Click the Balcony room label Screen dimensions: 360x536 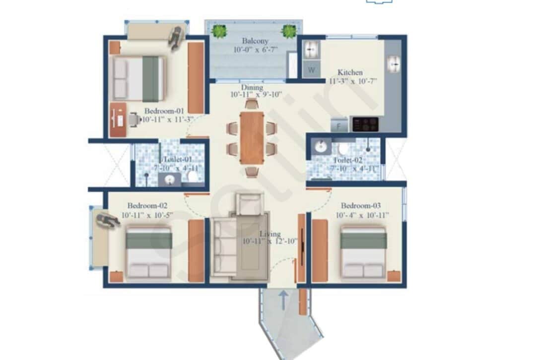pos(256,41)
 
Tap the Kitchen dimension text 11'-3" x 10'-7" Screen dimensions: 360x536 pos(353,82)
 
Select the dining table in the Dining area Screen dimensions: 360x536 pos(252,138)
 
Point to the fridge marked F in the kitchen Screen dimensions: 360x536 pos(339,125)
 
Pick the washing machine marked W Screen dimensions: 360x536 pos(311,70)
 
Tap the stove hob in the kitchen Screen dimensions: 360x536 pos(365,124)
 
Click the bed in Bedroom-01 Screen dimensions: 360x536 pos(137,78)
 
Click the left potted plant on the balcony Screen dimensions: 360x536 pos(218,31)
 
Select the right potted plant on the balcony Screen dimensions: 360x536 pos(289,31)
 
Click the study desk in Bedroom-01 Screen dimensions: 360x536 pos(118,120)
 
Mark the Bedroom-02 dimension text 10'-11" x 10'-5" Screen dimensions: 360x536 pos(147,215)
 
